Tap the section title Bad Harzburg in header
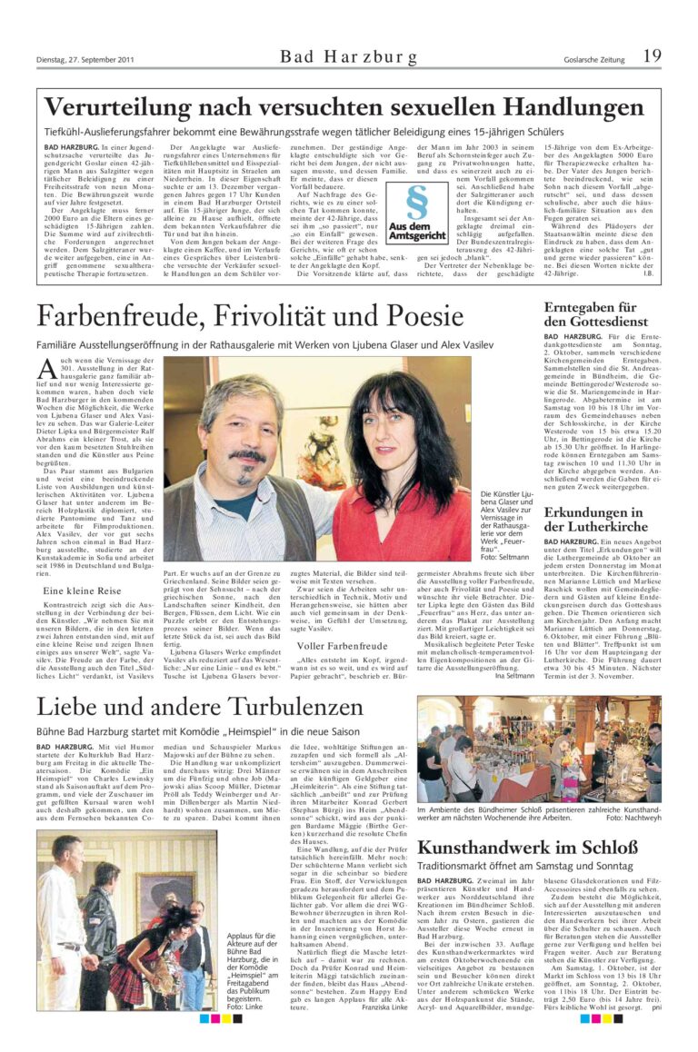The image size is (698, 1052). click(x=349, y=57)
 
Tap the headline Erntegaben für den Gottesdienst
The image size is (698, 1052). click(x=590, y=314)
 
